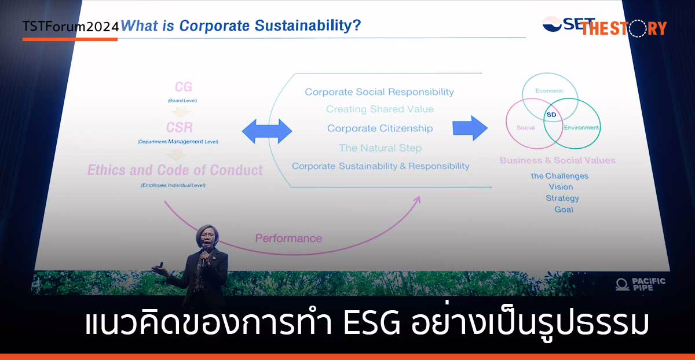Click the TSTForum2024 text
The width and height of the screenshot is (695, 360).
tap(71, 26)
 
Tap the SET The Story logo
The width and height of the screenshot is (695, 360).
tap(604, 26)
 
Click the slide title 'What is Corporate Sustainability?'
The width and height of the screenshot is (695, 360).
tap(240, 26)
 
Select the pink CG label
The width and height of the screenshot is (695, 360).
tap(184, 87)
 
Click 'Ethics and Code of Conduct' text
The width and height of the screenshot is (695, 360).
tap(175, 170)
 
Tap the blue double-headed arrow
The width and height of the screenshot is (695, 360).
tap(267, 131)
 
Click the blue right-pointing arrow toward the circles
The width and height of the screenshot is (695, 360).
tap(470, 128)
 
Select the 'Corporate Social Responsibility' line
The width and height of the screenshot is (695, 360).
tap(379, 92)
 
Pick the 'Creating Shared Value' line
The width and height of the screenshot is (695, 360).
tap(379, 109)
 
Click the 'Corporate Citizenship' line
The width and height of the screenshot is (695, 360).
tap(379, 128)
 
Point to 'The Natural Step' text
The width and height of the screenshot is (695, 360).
tap(380, 148)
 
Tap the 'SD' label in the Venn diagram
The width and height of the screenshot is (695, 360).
tap(551, 115)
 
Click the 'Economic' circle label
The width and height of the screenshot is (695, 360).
tap(548, 91)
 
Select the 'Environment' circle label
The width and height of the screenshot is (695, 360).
tap(581, 127)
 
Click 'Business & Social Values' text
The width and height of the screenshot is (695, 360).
tap(558, 160)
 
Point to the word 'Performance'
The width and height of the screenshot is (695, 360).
tap(288, 238)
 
